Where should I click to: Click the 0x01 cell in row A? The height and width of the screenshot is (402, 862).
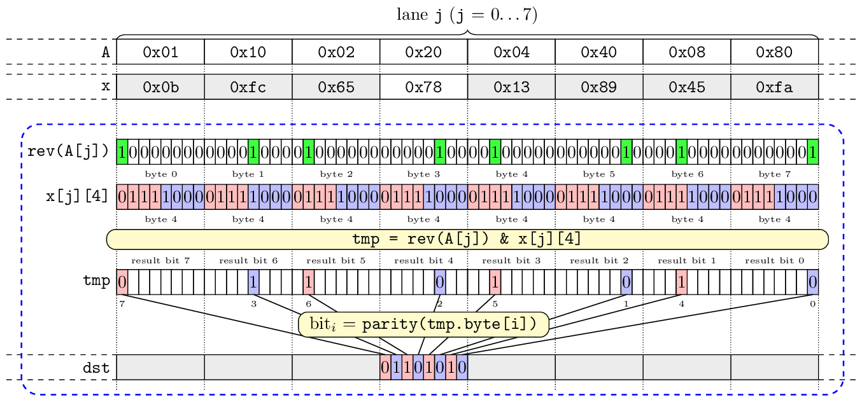[x=160, y=52]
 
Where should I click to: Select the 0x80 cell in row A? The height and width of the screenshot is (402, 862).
[x=774, y=52]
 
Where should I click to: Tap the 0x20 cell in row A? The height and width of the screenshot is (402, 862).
[x=423, y=52]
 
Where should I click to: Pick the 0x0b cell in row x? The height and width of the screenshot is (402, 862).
[x=160, y=87]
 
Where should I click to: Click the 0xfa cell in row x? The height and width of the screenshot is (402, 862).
[x=774, y=87]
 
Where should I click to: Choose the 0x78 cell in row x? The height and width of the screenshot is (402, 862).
[x=423, y=87]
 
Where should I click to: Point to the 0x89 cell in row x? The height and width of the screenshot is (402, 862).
[x=598, y=87]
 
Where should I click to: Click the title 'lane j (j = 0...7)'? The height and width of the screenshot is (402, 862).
[x=467, y=15]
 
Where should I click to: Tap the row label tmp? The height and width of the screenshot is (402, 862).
[x=96, y=281]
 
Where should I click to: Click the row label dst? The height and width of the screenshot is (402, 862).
[x=96, y=368]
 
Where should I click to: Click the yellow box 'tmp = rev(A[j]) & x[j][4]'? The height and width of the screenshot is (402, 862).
[x=467, y=239]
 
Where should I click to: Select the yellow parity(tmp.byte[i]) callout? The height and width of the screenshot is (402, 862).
[x=423, y=324]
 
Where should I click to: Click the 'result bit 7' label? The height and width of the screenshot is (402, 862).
[x=160, y=261]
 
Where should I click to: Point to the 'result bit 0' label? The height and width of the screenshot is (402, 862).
[x=774, y=261]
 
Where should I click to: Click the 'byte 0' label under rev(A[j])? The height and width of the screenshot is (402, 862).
[x=160, y=174]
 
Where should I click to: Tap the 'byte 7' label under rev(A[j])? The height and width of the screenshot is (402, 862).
[x=774, y=174]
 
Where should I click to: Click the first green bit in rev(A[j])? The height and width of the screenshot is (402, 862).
[x=122, y=152]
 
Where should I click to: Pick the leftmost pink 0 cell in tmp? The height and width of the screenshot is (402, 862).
[x=122, y=281]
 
